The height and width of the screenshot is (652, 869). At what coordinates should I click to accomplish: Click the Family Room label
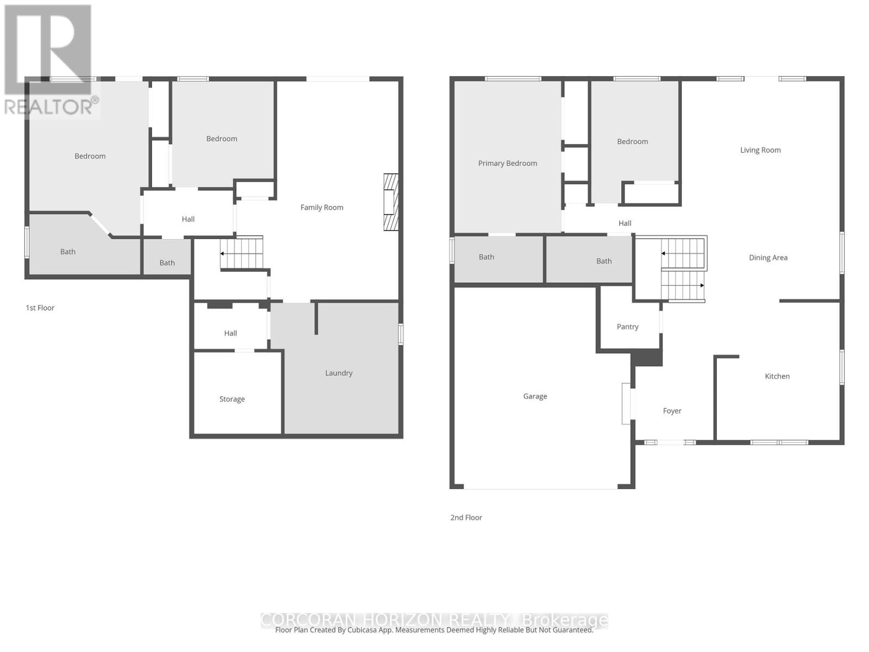coord(322,207)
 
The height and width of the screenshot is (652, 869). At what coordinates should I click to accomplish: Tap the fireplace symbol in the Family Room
coord(391,202)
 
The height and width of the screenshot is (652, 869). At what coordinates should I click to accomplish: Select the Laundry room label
coord(338,373)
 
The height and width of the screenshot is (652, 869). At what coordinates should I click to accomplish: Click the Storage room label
coord(232,399)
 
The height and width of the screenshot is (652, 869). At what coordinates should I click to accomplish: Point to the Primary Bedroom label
coord(507,163)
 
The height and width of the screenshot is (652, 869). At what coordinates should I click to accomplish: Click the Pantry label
coord(627,327)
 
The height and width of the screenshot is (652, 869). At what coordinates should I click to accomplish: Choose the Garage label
coord(535,396)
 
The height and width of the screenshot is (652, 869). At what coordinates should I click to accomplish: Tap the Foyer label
coord(672,411)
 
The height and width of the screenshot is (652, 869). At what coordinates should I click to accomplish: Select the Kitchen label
coord(777,376)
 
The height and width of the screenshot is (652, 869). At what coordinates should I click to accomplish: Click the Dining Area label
coord(768,258)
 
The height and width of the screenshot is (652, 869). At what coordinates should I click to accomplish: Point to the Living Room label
coord(760,150)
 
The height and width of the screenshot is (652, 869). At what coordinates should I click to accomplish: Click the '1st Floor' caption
coord(40,308)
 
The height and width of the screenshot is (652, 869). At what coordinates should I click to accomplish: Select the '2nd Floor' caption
coord(466,517)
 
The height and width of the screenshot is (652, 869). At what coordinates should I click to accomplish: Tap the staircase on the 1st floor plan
coord(242,253)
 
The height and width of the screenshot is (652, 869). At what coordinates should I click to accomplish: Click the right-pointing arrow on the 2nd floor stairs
coord(701,285)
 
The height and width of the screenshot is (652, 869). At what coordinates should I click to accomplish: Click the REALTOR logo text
coord(52,106)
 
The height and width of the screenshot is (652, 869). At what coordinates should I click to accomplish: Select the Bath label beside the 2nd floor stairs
coord(604,261)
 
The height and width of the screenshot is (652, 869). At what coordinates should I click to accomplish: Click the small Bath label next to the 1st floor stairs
coord(167,262)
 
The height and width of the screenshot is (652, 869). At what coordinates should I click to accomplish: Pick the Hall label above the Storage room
coord(230,333)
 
